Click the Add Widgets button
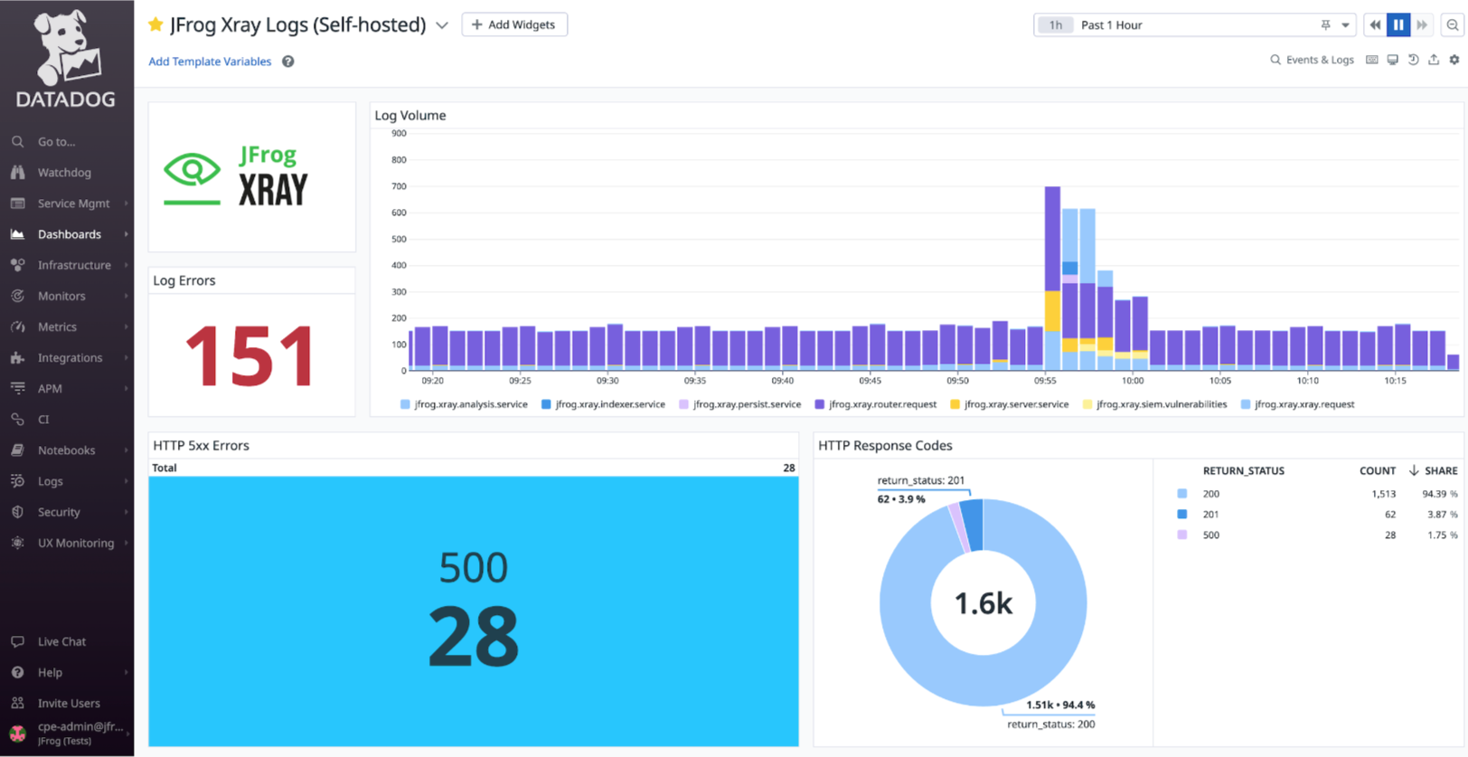tap(513, 24)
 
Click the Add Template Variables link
tap(210, 62)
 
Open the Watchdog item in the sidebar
tap(63, 173)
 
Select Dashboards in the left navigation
tap(69, 234)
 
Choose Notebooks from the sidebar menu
tap(66, 450)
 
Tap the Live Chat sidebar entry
tap(61, 641)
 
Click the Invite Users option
tap(69, 703)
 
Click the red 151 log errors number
tap(250, 356)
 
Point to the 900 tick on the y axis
tap(399, 134)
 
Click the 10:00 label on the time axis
tap(1132, 381)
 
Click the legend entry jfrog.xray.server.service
tap(1015, 404)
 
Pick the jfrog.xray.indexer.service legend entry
tap(609, 404)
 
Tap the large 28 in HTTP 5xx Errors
tap(473, 637)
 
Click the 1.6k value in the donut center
tap(983, 603)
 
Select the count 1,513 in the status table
tap(1382, 494)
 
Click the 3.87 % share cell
tap(1441, 514)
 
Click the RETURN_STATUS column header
tap(1243, 470)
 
